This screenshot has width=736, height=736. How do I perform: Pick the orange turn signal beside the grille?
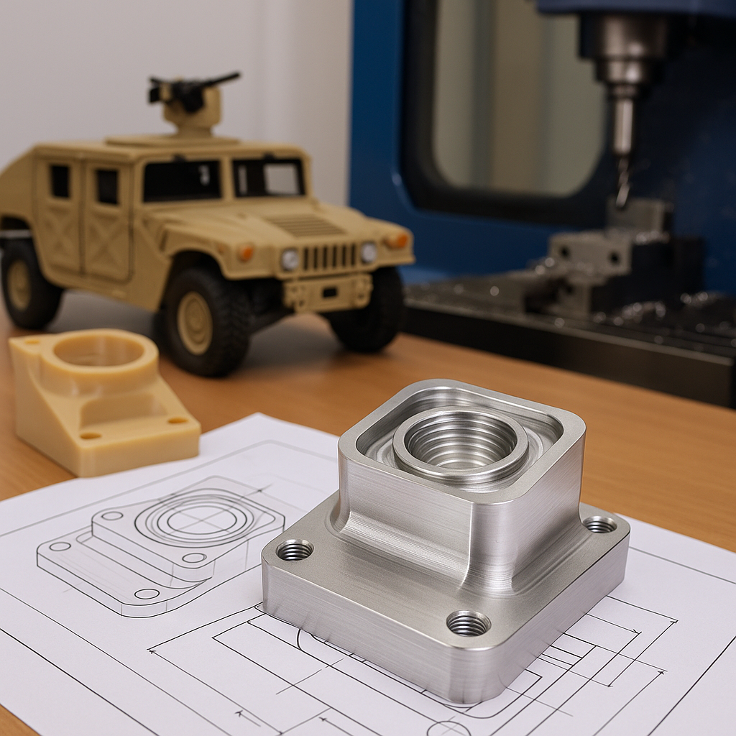point(247,252)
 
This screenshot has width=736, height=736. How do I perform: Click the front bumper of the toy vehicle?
point(327,292)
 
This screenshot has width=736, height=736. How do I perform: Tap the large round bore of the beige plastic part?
point(99,351)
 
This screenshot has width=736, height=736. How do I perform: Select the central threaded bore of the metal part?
point(460,442)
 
